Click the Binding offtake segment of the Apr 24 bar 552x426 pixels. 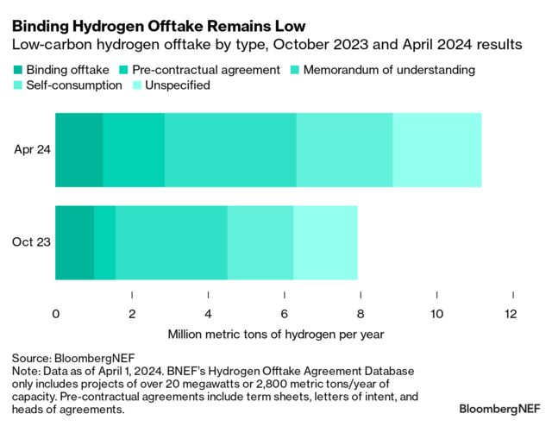(78, 149)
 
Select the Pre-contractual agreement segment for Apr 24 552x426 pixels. (134, 149)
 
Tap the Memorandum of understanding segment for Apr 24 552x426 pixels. (230, 149)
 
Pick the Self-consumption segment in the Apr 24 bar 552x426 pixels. (344, 149)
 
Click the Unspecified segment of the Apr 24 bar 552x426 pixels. (437, 149)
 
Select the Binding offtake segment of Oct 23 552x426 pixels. (74, 242)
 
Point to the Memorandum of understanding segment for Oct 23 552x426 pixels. (172, 242)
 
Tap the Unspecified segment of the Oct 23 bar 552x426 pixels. (325, 242)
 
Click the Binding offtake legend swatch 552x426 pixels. (17, 69)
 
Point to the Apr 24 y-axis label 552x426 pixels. (31, 149)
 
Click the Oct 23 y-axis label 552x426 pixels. (31, 242)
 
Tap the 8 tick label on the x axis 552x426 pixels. (361, 313)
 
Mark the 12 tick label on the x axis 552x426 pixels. (512, 313)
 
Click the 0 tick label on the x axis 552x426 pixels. (56, 313)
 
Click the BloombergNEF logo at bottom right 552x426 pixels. (499, 407)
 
